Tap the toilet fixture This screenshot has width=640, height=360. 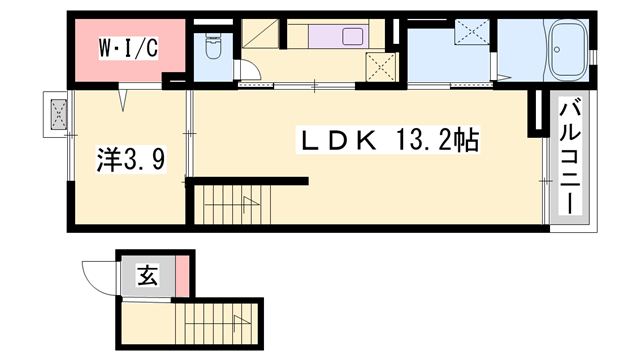point(211,46)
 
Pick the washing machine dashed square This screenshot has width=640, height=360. point(468,33)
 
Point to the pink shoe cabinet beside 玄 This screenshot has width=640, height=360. point(182,277)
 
